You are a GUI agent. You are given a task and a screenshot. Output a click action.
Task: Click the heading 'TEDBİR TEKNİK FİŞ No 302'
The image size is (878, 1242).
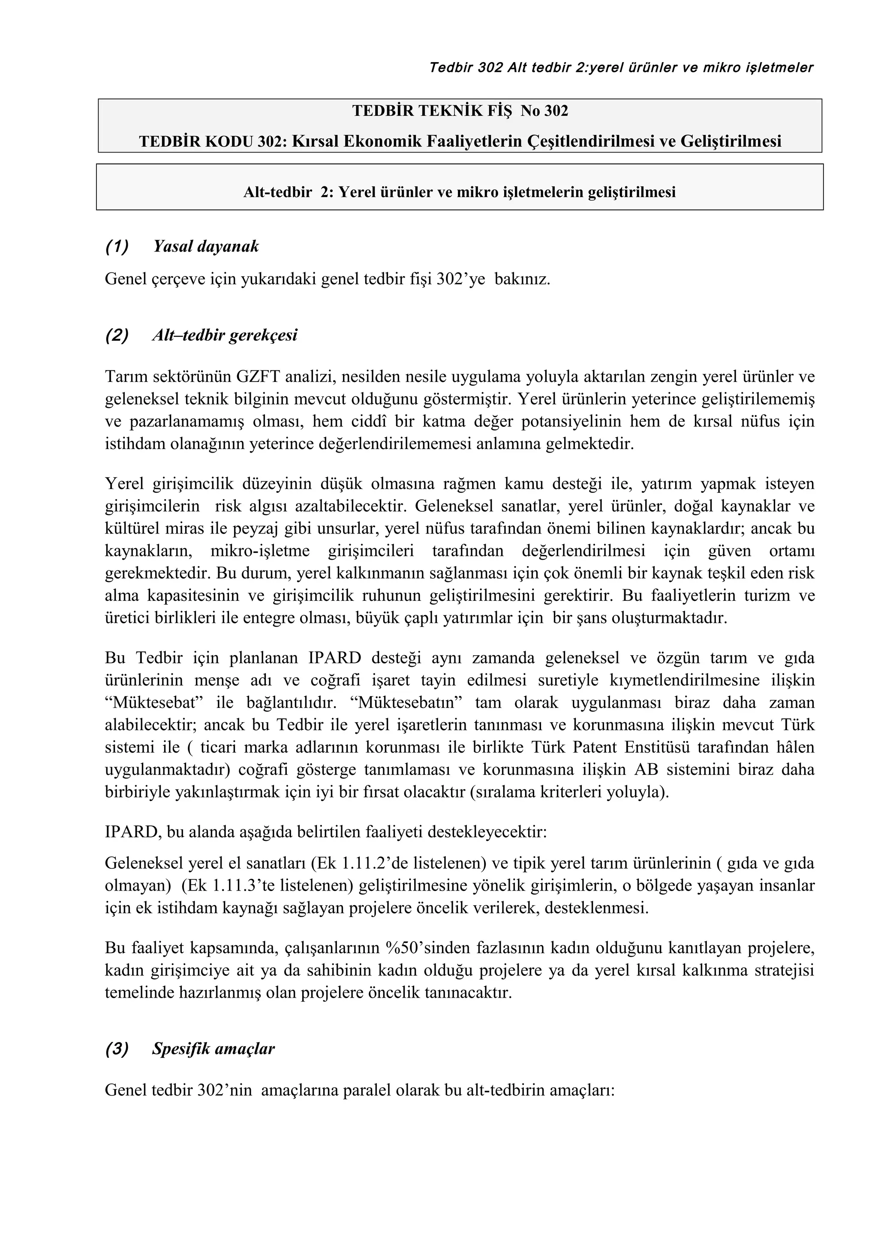click(x=460, y=111)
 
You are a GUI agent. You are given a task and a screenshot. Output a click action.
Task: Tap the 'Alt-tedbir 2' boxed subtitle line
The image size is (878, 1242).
click(x=459, y=192)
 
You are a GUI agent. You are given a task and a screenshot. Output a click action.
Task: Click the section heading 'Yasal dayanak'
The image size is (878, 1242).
click(x=206, y=247)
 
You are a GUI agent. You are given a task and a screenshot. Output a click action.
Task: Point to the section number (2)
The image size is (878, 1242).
click(x=117, y=336)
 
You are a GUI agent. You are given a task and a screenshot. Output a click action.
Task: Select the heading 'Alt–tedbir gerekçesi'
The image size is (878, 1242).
click(x=225, y=336)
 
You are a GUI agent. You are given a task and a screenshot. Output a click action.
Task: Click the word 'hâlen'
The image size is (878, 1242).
click(x=795, y=747)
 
